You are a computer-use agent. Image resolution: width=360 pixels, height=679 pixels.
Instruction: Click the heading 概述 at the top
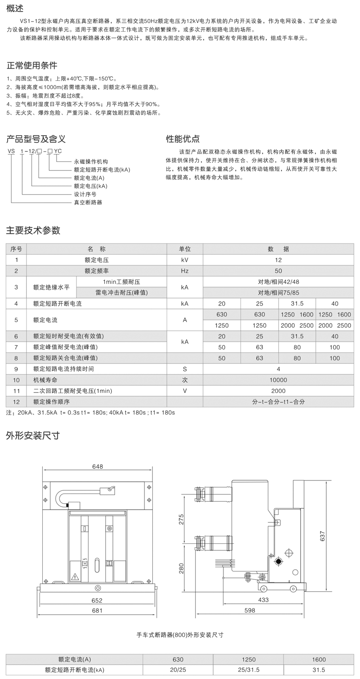pos(15,8)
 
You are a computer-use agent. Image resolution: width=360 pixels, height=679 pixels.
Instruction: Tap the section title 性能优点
pos(183,139)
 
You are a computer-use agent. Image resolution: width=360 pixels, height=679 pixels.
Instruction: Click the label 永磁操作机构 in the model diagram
pos(91,161)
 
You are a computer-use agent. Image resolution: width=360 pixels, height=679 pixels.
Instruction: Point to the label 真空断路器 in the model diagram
pos(88,202)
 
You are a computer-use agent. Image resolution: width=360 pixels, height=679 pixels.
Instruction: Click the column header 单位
pos(185,249)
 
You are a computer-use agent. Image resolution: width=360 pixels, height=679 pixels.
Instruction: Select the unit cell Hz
pos(185,271)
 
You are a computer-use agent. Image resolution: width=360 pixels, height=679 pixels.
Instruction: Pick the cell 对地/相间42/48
pos(278,282)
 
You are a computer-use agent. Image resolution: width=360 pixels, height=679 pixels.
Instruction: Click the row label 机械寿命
pos(45,380)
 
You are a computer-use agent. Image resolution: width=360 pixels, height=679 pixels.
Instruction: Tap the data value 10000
pos(278,380)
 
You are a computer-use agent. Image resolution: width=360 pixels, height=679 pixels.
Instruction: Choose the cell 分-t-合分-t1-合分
pos(278,401)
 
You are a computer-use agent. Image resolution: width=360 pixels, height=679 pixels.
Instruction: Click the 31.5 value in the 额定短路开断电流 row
pos(297,304)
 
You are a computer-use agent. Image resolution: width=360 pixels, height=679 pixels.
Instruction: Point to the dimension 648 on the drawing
pos(97,466)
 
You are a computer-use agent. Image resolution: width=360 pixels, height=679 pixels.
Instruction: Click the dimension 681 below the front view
pos(97,610)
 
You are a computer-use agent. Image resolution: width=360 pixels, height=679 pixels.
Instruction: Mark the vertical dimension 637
pos(322,536)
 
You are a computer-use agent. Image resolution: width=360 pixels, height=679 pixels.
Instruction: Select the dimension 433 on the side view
pos(263,600)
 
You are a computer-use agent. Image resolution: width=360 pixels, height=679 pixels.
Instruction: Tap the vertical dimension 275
pos(182,519)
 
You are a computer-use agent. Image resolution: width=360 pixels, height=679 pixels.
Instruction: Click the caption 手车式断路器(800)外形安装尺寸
pos(180,635)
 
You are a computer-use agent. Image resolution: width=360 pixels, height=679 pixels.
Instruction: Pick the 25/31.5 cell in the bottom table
pos(248,670)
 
